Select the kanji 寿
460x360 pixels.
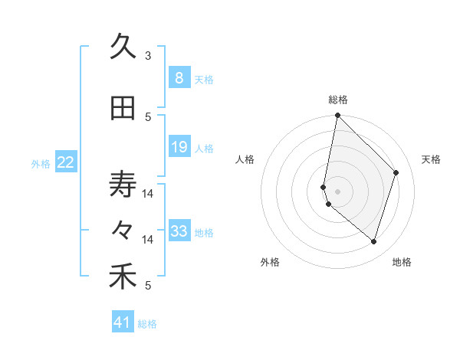[123, 185]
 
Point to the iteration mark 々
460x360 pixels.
[123, 229]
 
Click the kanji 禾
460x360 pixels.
[123, 277]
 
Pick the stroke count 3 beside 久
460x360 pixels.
[148, 56]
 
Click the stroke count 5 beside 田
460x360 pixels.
[148, 117]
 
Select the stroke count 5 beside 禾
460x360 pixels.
[148, 286]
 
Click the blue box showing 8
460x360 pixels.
[179, 77]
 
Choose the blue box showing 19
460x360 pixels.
[179, 147]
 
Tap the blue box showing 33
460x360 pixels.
[179, 231]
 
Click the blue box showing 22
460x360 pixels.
[66, 162]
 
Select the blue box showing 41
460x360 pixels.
[123, 322]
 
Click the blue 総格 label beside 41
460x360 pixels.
[148, 324]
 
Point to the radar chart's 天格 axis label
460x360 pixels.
[431, 160]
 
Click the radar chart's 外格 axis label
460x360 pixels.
[270, 262]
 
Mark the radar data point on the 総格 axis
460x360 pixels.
[337, 115]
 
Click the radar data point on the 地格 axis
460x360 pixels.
[373, 241]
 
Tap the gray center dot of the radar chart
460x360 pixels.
[337, 191]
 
